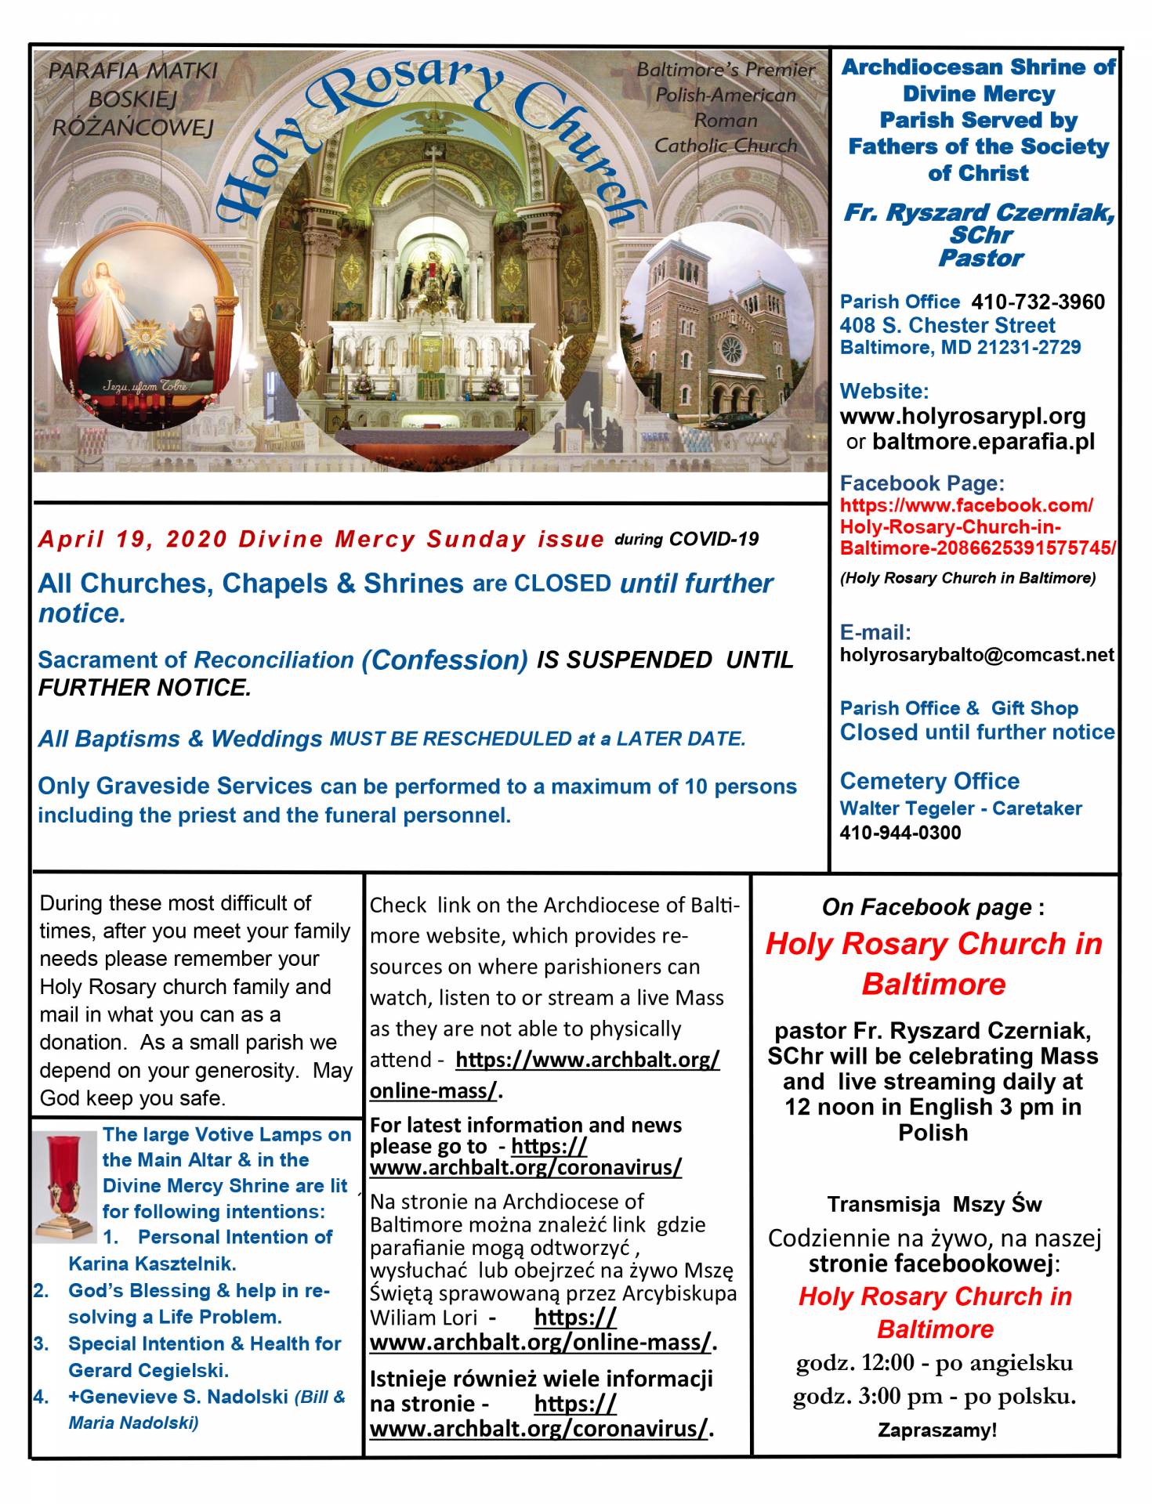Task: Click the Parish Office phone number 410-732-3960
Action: click(x=1038, y=302)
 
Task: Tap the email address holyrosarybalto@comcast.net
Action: click(x=976, y=655)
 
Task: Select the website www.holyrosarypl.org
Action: click(x=962, y=416)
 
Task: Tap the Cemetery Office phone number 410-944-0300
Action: click(x=900, y=833)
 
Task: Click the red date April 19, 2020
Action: click(x=134, y=540)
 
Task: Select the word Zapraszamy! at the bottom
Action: click(x=936, y=1430)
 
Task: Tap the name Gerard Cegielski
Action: click(x=148, y=1370)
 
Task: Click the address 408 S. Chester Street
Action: click(x=947, y=325)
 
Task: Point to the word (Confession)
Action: click(x=444, y=660)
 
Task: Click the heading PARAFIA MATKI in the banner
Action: click(x=132, y=70)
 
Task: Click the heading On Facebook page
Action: click(x=926, y=907)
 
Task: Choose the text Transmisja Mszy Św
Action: click(x=933, y=1204)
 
